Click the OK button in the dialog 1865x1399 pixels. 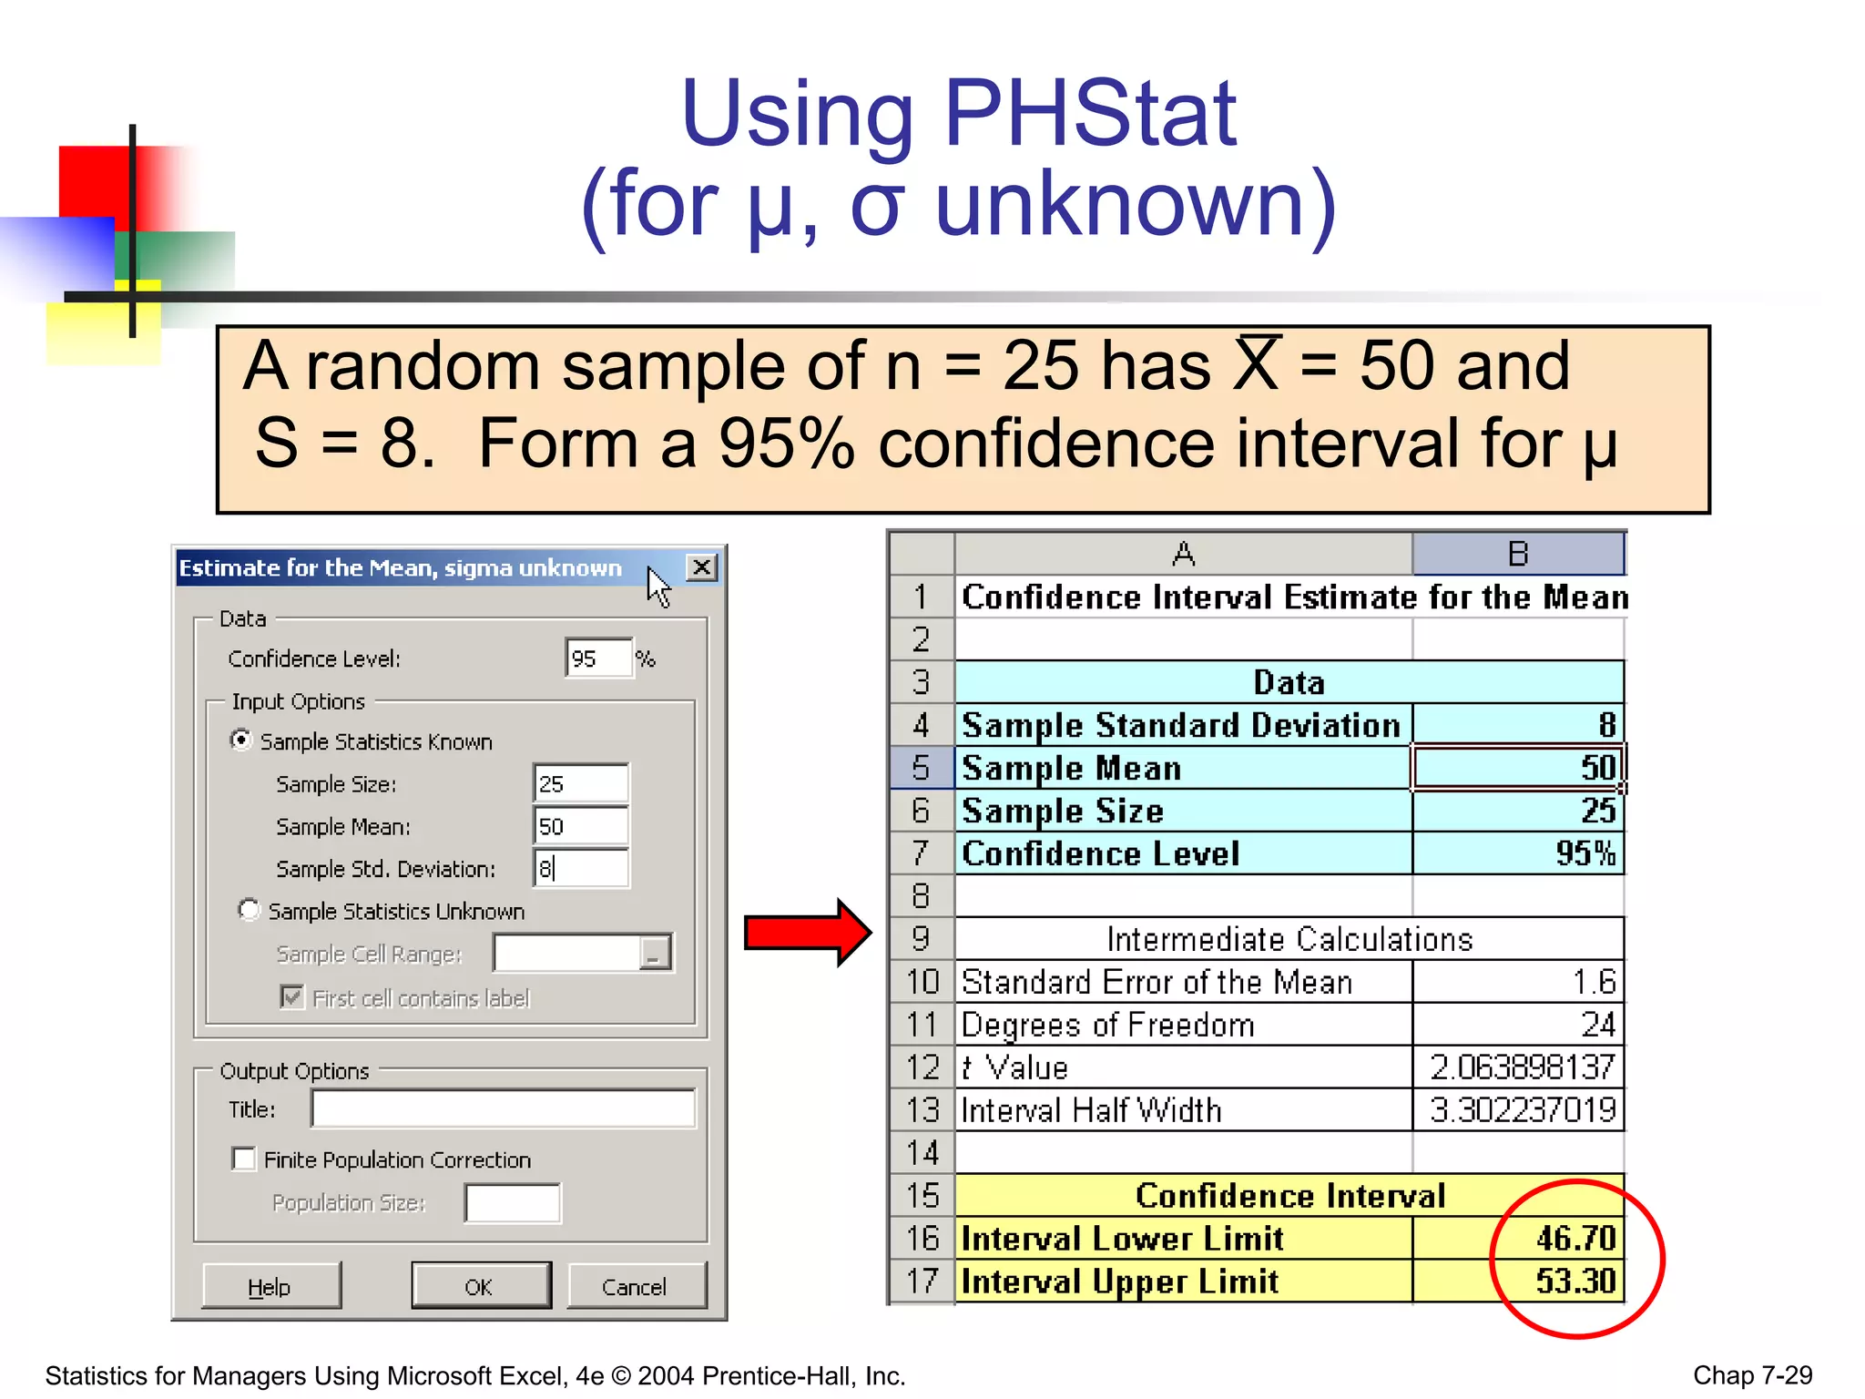coord(481,1286)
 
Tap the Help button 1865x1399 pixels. coord(270,1286)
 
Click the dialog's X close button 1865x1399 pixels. coord(701,567)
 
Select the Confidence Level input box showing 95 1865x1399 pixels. coord(597,658)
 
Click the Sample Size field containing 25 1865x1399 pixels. coord(580,783)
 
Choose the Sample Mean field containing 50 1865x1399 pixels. coord(580,826)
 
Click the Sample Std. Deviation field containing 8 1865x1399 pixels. coord(580,868)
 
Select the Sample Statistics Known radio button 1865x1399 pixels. coord(240,740)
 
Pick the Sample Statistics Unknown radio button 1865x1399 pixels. coord(249,910)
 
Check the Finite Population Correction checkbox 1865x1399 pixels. coord(244,1159)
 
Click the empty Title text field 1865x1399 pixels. coord(503,1108)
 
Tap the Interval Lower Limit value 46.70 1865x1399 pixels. coord(1575,1238)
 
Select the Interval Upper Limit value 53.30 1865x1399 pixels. coord(1575,1281)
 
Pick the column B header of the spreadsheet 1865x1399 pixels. coord(1517,554)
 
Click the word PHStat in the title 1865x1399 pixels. coord(1090,114)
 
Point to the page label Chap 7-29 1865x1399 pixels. coord(1752,1374)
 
